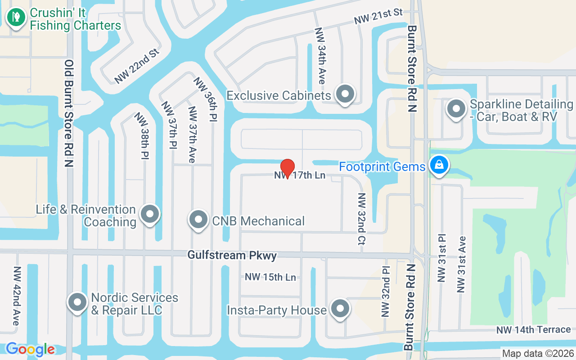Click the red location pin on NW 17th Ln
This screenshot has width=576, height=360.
287,168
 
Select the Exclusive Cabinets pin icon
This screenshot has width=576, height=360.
345,95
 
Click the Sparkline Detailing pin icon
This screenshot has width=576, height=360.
457,109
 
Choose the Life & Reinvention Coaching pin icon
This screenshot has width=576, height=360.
150,215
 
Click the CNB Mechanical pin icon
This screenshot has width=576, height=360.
198,220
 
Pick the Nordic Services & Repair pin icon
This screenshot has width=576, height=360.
77,303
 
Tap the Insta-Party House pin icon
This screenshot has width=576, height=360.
340,309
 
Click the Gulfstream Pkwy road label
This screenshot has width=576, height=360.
232,255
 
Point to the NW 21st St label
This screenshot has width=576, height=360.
378,17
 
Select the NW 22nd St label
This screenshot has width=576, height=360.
137,66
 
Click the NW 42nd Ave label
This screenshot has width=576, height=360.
17,296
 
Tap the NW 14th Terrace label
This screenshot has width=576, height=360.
534,330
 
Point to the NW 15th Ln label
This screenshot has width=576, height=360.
270,277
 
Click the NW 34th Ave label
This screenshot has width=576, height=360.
320,56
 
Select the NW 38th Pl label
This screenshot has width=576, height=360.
144,135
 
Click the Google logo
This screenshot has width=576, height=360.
30,349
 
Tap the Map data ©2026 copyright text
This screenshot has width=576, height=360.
538,353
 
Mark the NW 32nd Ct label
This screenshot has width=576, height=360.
361,219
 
